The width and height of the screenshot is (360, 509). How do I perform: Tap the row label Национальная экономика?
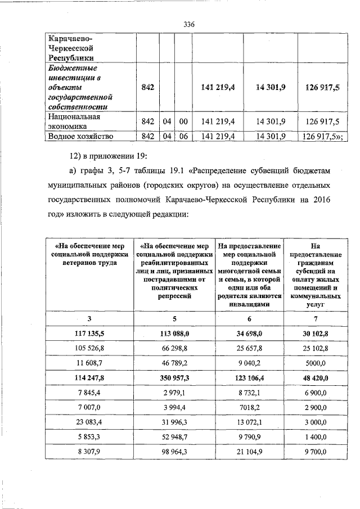(74, 121)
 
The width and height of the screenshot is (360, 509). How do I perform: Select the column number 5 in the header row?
(175, 319)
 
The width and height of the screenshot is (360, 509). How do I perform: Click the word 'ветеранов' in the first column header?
(73, 263)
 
